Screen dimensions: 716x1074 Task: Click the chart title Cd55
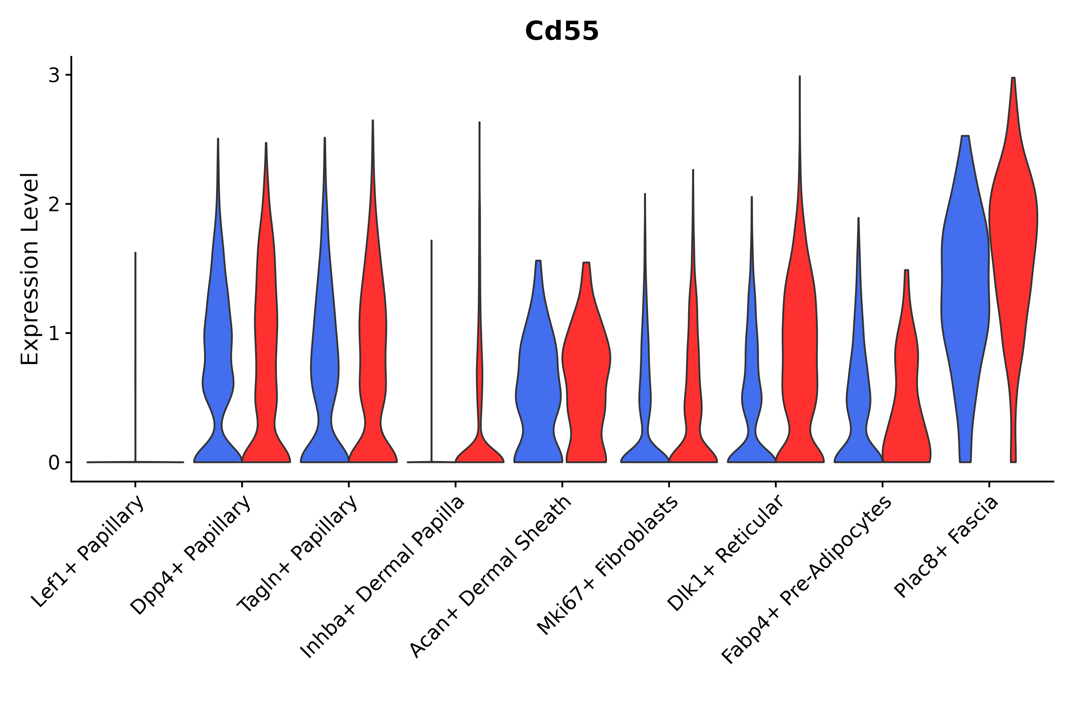coord(561,31)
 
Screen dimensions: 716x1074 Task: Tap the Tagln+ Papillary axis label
coord(298,553)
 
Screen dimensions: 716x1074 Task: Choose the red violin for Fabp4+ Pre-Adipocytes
coord(907,402)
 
